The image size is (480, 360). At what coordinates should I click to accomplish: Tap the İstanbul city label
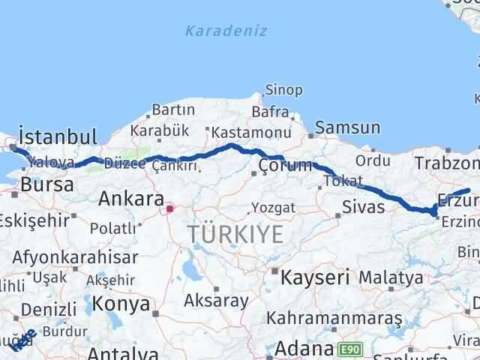(x=58, y=137)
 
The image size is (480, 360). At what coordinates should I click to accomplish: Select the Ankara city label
(x=131, y=199)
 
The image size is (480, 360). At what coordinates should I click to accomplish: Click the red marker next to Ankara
(x=170, y=208)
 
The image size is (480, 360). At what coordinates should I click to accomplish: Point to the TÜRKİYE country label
(x=236, y=235)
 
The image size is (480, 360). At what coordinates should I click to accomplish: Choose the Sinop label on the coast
(x=284, y=91)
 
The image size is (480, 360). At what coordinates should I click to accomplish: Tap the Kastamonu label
(x=250, y=133)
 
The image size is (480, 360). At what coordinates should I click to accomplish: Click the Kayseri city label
(x=315, y=277)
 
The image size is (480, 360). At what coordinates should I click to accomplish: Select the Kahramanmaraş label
(x=338, y=319)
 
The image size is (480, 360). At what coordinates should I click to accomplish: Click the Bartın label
(x=173, y=111)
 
